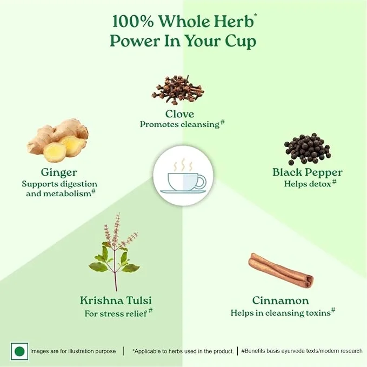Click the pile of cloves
click(x=178, y=90)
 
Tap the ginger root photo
click(x=58, y=141)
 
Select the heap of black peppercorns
click(x=308, y=149)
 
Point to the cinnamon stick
click(x=281, y=270)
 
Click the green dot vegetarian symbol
click(x=19, y=351)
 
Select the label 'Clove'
click(x=180, y=114)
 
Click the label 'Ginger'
click(x=59, y=173)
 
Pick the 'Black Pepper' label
click(x=308, y=172)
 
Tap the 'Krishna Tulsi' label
click(x=116, y=301)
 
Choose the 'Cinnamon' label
click(x=281, y=301)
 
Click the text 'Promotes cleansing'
click(x=180, y=124)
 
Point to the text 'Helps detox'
click(x=308, y=184)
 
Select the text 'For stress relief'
click(x=116, y=313)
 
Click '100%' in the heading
click(x=133, y=22)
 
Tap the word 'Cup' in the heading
click(x=241, y=42)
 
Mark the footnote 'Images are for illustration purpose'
click(x=73, y=351)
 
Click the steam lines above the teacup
click(x=183, y=165)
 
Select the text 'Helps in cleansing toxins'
click(x=281, y=313)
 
